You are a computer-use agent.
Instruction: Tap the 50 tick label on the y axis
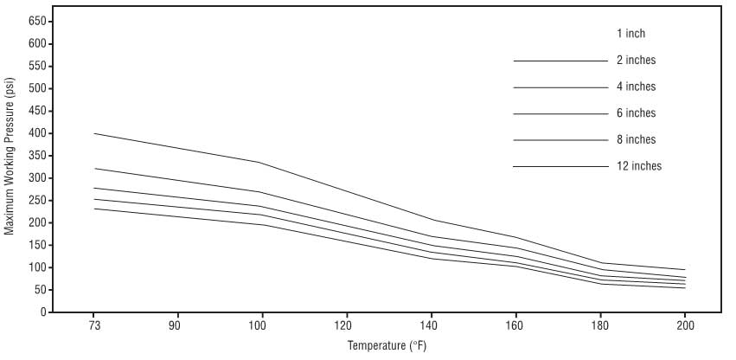click(40, 290)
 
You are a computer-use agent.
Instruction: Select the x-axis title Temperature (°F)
click(387, 346)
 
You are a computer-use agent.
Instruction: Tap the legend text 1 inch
click(631, 34)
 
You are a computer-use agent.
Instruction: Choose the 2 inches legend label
click(636, 61)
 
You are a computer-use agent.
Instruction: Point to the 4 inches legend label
click(636, 87)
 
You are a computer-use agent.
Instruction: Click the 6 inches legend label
click(636, 113)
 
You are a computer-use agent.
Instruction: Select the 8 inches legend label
click(636, 139)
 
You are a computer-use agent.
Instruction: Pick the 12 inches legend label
click(638, 166)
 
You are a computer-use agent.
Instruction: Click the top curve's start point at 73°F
click(93, 133)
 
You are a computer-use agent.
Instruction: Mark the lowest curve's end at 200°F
click(685, 288)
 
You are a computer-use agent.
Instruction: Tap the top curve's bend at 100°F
click(260, 163)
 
